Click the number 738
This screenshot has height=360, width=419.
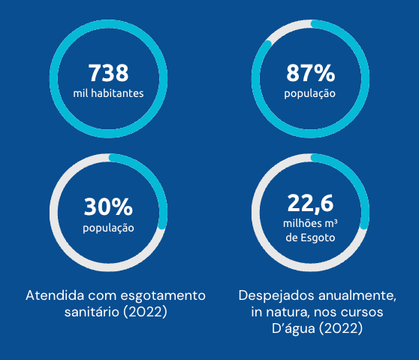pos(108,73)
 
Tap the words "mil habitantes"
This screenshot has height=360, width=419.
pos(108,93)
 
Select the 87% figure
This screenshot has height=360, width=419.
pos(311,73)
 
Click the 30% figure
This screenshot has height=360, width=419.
pos(108,207)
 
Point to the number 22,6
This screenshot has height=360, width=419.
pos(311,203)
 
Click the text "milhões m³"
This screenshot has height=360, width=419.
pos(310,223)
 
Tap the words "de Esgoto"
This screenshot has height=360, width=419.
pos(310,237)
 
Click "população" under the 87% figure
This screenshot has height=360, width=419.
pos(309,94)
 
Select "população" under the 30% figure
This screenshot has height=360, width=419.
pos(108,228)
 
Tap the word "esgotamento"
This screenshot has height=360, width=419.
pos(163,296)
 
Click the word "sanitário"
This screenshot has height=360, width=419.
pos(92,312)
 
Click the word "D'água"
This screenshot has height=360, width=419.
pos(294,328)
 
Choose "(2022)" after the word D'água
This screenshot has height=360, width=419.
pos(341,328)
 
